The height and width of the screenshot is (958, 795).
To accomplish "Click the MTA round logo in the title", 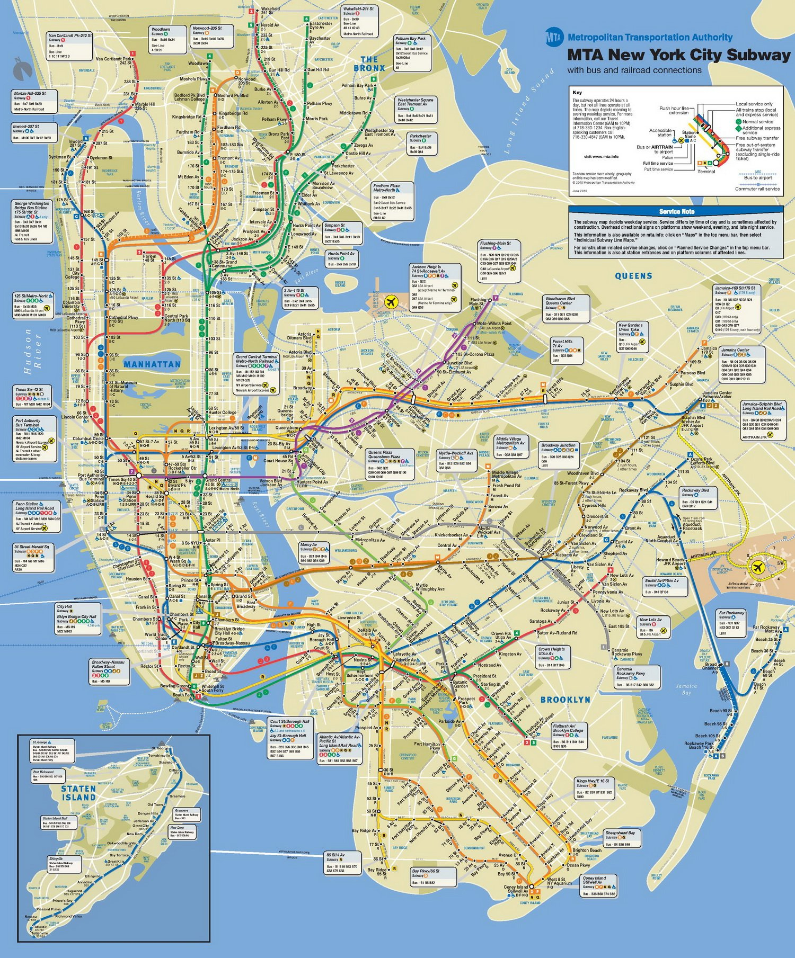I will pos(554,37).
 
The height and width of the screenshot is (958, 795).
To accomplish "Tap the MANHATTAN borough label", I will pos(152,364).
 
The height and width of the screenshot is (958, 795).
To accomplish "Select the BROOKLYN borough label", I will pos(565,700).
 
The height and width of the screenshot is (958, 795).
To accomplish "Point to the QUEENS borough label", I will pos(633,276).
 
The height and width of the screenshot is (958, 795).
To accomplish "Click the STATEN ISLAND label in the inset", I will pos(78,793).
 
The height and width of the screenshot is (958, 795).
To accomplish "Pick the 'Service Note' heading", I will pos(676,211).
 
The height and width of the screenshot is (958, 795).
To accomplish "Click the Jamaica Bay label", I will pos(686,689).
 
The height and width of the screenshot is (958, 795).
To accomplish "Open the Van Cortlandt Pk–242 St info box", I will pos(70,46).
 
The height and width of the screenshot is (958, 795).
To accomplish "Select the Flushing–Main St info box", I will pos(499,261).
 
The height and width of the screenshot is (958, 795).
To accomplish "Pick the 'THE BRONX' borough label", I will pos(369,64).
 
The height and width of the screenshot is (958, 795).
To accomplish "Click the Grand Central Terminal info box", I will pos(257,374).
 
